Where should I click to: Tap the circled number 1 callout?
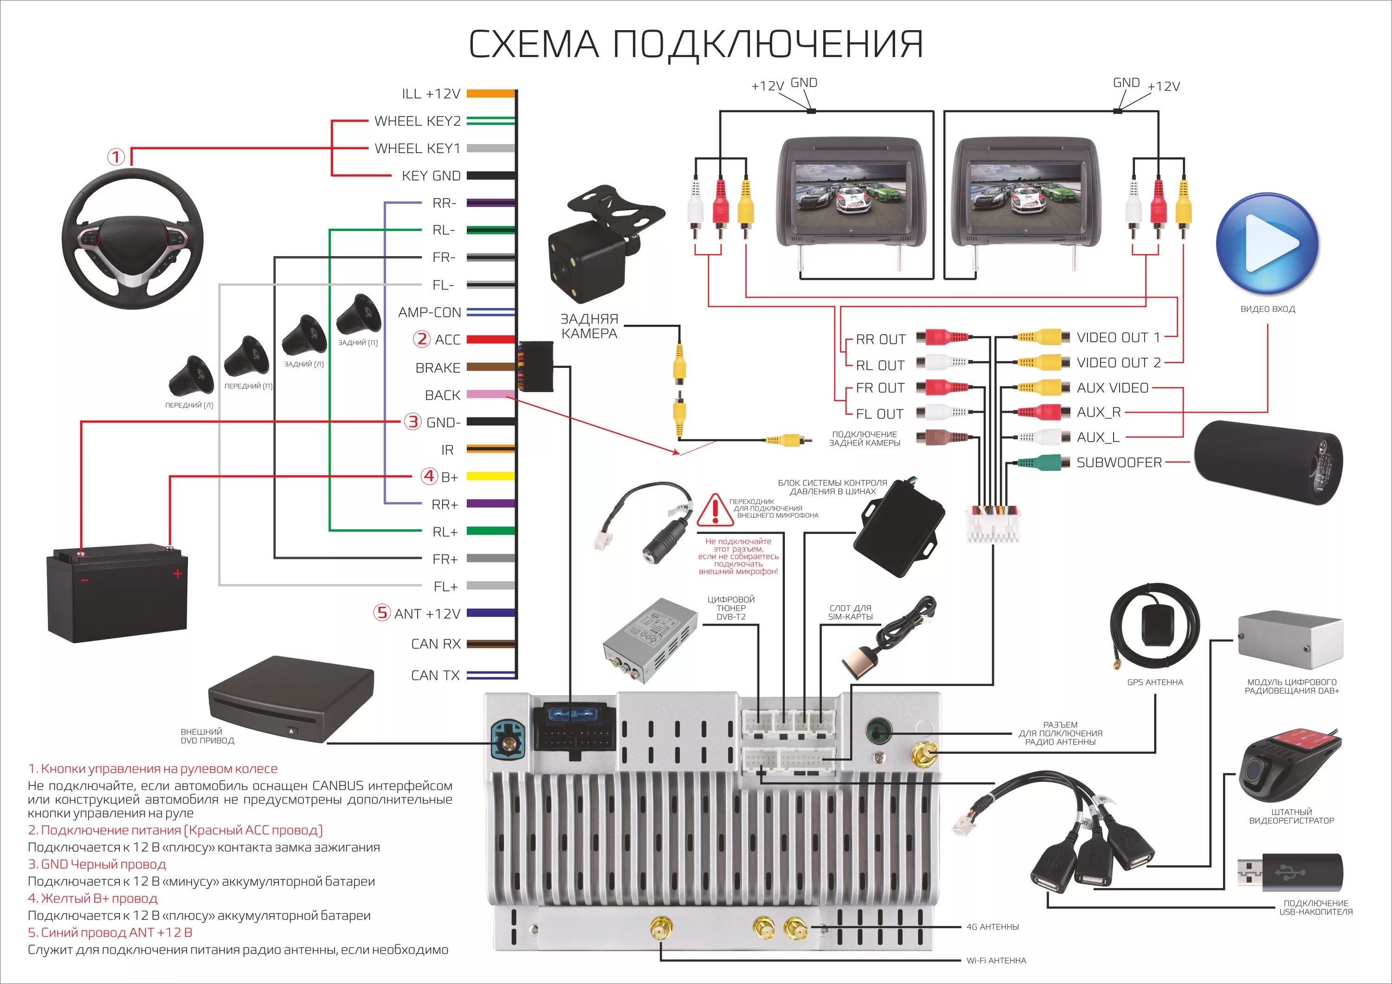point(116,157)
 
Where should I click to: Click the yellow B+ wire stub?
point(490,476)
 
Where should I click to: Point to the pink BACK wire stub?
point(490,395)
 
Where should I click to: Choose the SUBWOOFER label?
point(1119,463)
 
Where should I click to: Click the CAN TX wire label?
point(435,675)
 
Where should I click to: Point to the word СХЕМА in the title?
point(534,44)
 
